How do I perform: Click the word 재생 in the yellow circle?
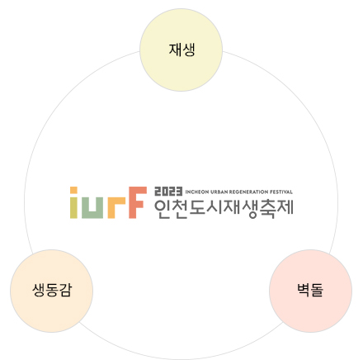181,50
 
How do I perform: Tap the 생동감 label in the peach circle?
52,290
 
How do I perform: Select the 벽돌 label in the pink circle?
310,290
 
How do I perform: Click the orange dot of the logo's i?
73,190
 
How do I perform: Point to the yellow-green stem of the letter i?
73,207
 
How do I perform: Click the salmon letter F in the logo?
138,202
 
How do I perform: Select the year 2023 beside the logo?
168,192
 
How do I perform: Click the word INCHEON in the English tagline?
197,192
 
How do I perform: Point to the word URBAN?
219,192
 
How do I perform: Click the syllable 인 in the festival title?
163,209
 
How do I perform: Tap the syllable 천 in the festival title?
180,209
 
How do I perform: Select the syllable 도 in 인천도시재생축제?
197,208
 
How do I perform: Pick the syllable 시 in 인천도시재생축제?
214,208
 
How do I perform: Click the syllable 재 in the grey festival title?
232,208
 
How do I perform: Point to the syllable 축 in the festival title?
267,209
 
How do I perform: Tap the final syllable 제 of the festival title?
285,208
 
